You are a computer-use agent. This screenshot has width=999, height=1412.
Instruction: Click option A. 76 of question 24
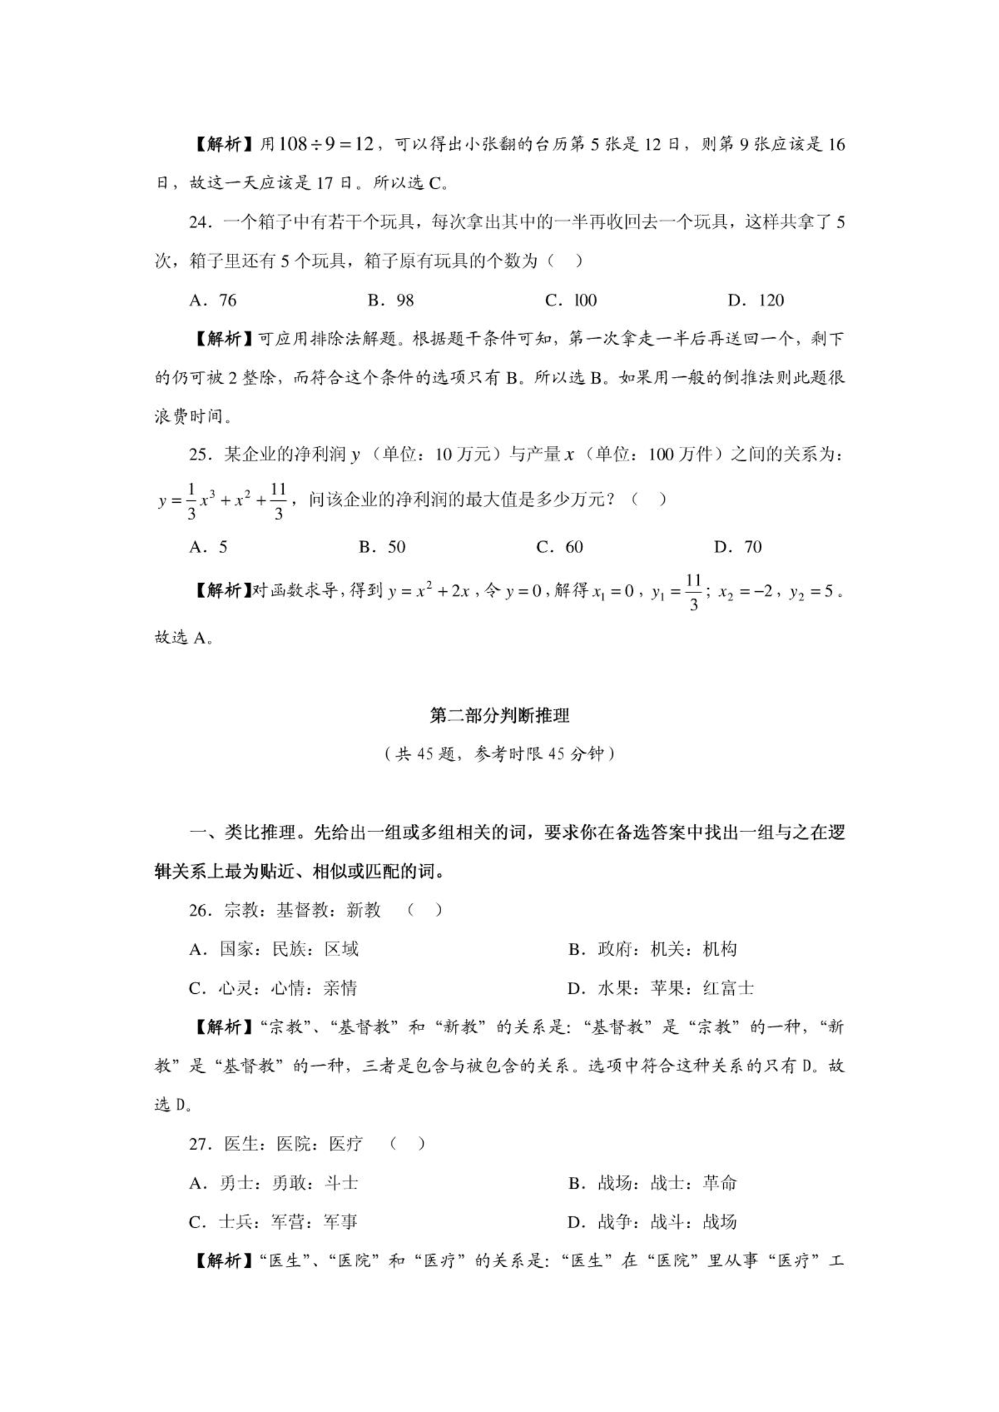pyautogui.click(x=213, y=300)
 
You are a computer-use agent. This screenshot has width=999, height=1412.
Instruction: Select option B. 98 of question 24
pyautogui.click(x=390, y=300)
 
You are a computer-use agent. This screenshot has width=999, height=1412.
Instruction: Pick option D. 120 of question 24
pyautogui.click(x=756, y=300)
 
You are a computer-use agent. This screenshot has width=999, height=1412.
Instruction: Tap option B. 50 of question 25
pyautogui.click(x=382, y=547)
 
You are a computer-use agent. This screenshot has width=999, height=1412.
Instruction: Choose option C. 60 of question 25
pyautogui.click(x=560, y=547)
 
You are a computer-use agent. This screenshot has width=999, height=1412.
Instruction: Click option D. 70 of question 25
pyautogui.click(x=738, y=547)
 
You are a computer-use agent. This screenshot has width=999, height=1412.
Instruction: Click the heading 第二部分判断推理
pyautogui.click(x=499, y=715)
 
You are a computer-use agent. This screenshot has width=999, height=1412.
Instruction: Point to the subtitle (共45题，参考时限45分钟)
pyautogui.click(x=499, y=753)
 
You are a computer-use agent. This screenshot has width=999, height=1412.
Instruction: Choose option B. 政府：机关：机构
pyautogui.click(x=652, y=949)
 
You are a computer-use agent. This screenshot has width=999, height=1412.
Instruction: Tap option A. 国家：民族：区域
pyautogui.click(x=274, y=949)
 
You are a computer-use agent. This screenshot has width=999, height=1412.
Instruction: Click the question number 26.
pyautogui.click(x=199, y=910)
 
